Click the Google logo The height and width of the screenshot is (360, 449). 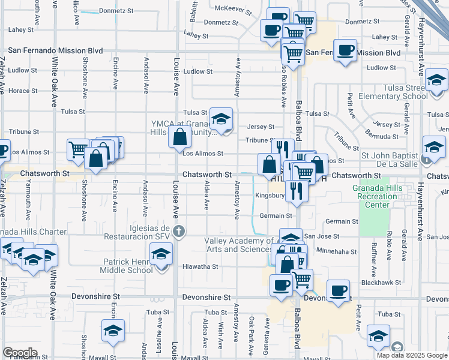[20, 352]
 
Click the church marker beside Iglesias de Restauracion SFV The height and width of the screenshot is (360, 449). [178, 231]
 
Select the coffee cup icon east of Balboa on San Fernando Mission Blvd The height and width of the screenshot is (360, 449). [345, 51]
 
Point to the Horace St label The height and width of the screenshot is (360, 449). [23, 91]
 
